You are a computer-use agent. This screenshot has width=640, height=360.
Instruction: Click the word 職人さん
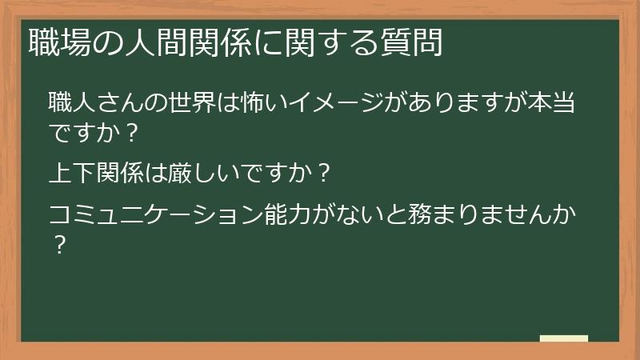pyautogui.click(x=97, y=103)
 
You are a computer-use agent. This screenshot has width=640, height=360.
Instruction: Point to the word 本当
pyautogui.click(x=553, y=103)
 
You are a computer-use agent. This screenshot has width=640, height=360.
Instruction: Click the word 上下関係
pyautogui.click(x=97, y=172)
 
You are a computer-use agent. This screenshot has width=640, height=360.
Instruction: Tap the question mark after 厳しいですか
pyautogui.click(x=320, y=172)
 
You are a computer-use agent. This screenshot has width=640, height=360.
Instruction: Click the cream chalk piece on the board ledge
pyautogui.click(x=564, y=339)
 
